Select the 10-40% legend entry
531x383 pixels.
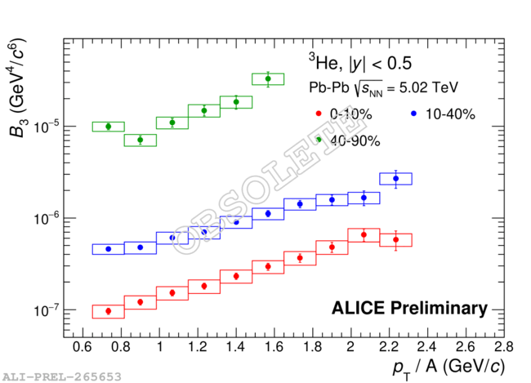coord(446,114)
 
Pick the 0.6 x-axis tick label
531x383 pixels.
coord(82,347)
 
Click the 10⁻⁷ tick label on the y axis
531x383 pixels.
coord(42,311)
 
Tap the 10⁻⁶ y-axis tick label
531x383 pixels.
coord(42,219)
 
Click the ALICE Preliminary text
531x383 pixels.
coord(409,308)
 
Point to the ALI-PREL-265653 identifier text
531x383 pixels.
coord(62,376)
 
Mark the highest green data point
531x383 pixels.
coord(268,78)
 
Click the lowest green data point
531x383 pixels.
coord(141,140)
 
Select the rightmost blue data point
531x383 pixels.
coord(396,178)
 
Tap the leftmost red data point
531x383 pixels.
coord(108,311)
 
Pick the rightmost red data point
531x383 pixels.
coord(396,239)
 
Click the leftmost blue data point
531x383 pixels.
coord(108,249)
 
